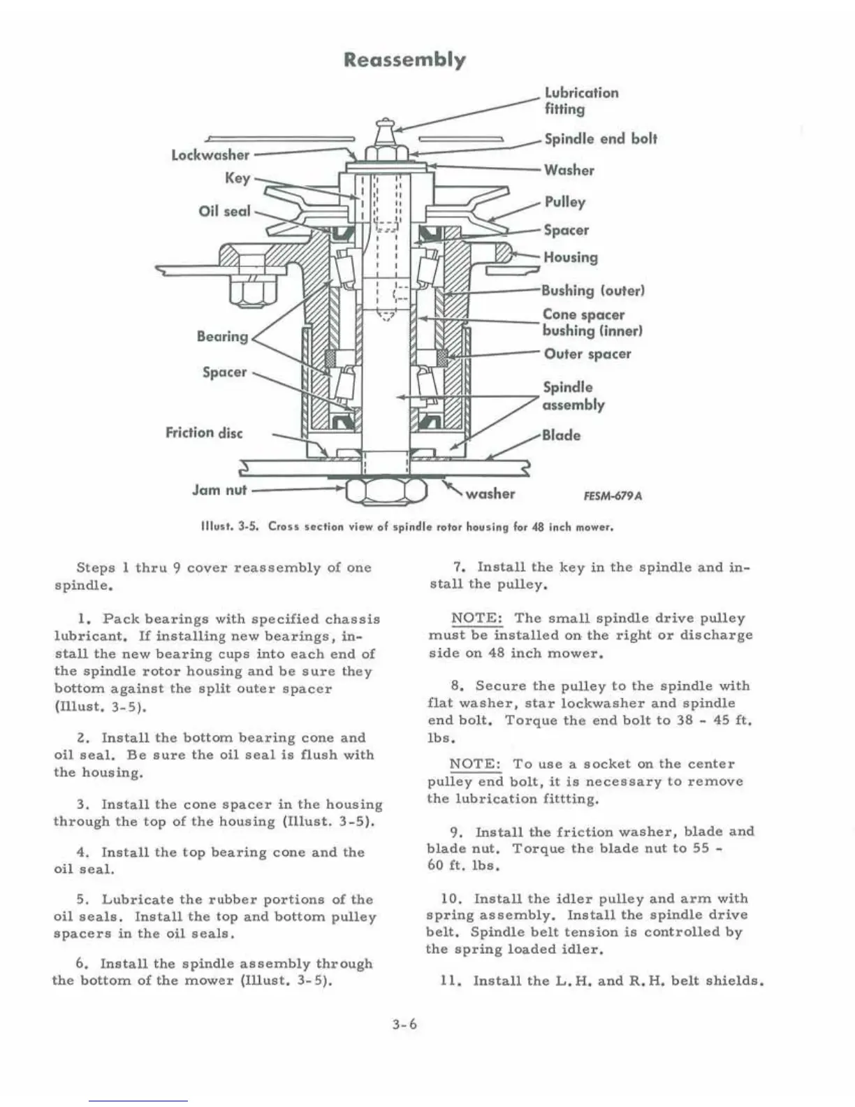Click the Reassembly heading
point(404,59)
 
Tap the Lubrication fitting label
point(581,101)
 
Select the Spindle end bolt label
point(600,138)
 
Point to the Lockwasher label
point(210,154)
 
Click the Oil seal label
point(224,210)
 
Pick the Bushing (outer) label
point(593,290)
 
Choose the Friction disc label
point(204,433)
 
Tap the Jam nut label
point(219,490)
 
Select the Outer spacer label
point(587,354)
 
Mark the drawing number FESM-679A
point(612,496)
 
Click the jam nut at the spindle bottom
point(386,491)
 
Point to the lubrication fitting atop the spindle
point(385,130)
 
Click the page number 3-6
point(404,1025)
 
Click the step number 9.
point(456,832)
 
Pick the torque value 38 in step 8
point(685,721)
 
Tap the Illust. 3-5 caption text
point(407,526)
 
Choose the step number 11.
point(448,981)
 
